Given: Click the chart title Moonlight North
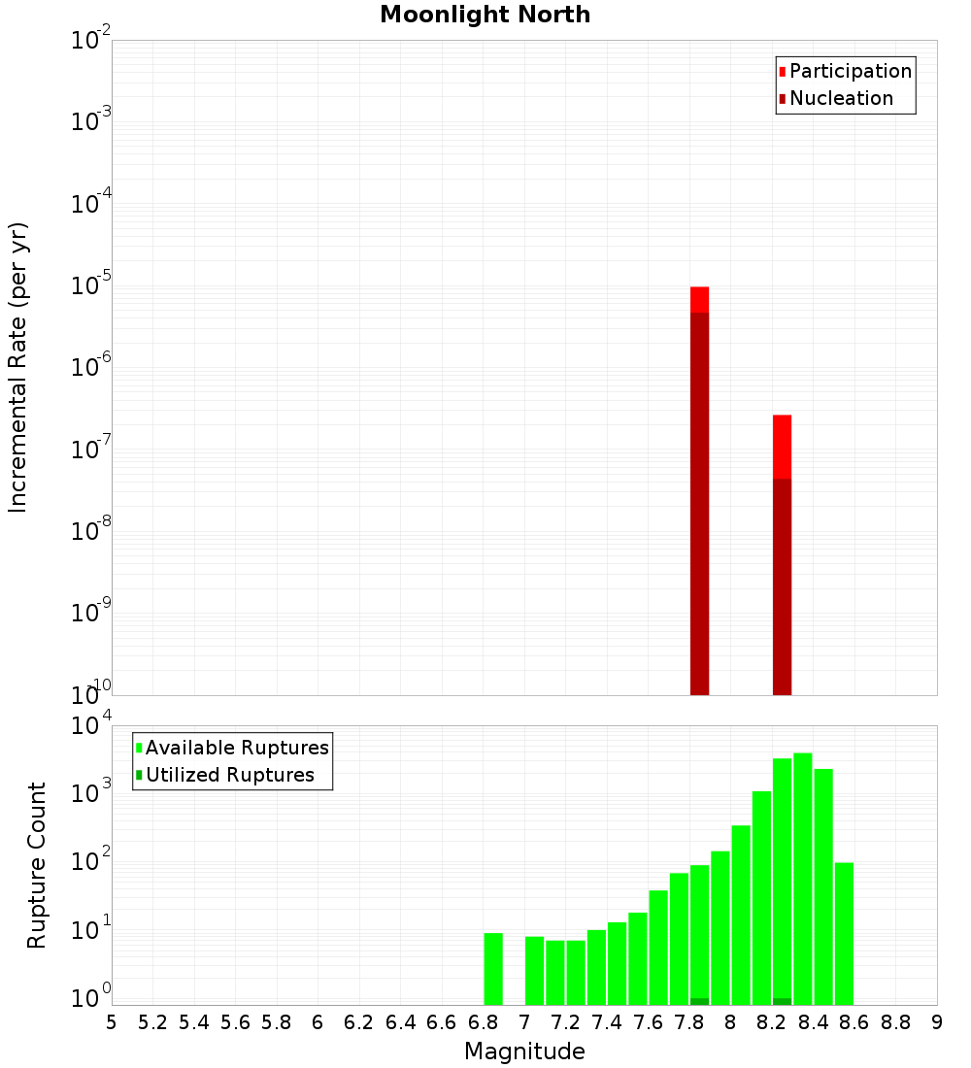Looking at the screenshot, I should [x=485, y=15].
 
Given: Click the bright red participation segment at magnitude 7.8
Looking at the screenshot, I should [x=699, y=299].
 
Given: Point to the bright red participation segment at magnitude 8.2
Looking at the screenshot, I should [x=782, y=447].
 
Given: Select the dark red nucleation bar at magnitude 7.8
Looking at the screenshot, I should [x=699, y=505].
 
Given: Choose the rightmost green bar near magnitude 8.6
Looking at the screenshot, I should [x=844, y=933].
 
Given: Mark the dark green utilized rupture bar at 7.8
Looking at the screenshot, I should [x=699, y=1001].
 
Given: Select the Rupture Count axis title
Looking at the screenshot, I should [x=37, y=865].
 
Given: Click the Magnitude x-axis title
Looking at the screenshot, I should [x=524, y=1051].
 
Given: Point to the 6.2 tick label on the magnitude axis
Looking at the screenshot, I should [x=359, y=1022].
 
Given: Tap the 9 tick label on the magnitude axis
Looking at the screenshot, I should [x=937, y=1022].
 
